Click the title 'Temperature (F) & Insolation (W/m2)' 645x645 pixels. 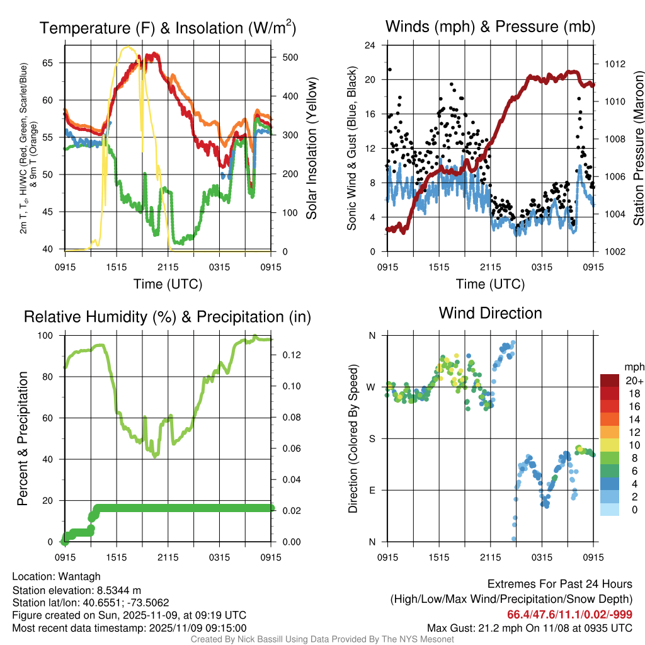click(x=168, y=28)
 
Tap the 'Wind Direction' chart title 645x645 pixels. click(x=490, y=313)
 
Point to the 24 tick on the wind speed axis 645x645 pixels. click(x=371, y=45)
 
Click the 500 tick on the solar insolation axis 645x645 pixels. click(x=290, y=57)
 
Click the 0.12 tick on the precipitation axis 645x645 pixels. click(x=290, y=355)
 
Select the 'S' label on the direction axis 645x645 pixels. click(x=372, y=438)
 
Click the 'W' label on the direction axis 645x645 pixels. click(x=371, y=387)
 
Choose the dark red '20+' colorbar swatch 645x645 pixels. click(x=610, y=380)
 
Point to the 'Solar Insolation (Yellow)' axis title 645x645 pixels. click(x=312, y=149)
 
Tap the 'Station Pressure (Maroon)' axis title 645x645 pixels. click(x=638, y=149)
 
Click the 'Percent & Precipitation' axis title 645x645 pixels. click(x=23, y=438)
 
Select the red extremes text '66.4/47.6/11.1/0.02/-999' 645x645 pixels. click(x=569, y=614)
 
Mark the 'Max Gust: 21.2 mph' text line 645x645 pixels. click(x=529, y=627)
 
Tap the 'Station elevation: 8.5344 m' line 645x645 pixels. click(x=72, y=590)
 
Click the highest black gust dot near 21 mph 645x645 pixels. click(x=390, y=70)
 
